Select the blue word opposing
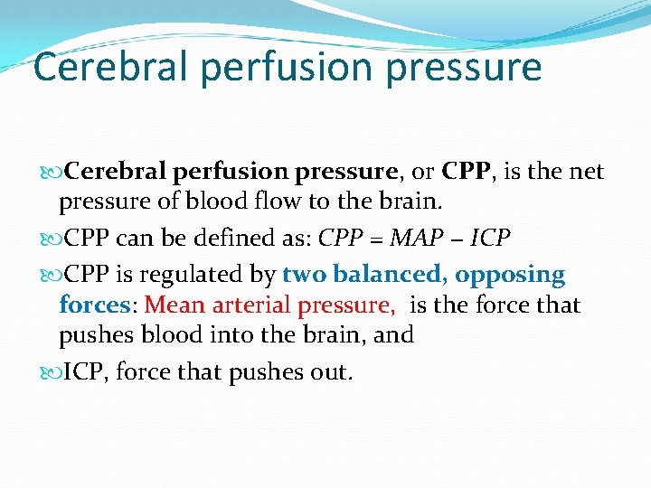tap(510, 275)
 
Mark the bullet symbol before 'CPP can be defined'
tap(50, 239)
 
